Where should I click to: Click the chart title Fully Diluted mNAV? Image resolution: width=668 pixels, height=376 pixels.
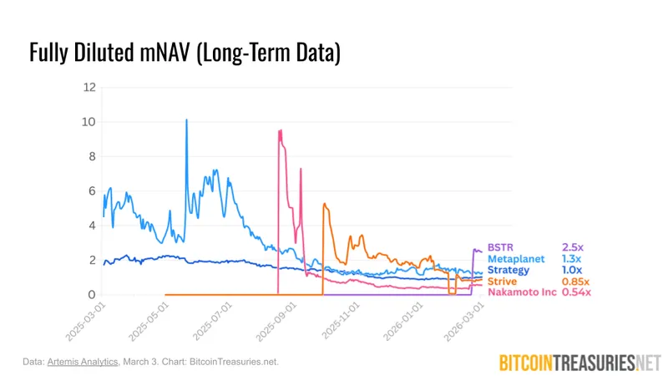185,52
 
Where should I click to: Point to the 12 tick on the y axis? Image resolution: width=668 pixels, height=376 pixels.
89,87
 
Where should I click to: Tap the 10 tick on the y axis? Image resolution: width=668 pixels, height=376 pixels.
89,122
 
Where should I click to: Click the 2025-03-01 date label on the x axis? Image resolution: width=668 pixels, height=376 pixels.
83,322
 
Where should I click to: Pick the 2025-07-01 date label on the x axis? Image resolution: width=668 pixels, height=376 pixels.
213,322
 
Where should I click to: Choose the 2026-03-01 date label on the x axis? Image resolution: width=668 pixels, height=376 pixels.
472,322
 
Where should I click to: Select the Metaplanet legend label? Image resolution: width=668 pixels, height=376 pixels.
516,259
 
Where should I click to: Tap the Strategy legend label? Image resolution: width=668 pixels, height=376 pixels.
509,270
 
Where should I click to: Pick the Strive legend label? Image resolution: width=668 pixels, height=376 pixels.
503,281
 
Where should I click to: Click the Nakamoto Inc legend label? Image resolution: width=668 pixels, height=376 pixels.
521,292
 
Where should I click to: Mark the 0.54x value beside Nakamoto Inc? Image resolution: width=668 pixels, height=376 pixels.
576,292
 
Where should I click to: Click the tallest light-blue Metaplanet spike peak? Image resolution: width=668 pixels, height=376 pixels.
186,119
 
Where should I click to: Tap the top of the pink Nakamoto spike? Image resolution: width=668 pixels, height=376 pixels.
280,130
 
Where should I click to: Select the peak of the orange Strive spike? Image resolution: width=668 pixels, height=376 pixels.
324,204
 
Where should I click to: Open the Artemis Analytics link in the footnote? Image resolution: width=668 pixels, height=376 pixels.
78,362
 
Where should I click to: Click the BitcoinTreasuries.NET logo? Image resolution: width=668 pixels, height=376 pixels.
579,362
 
